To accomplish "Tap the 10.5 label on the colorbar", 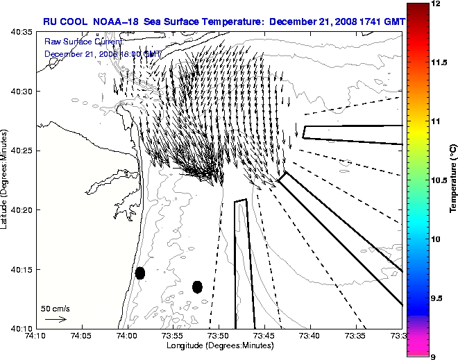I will [439, 180].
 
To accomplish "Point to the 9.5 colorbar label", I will [437, 298].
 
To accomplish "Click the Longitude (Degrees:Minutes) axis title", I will [219, 345].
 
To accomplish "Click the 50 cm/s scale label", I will [55, 308].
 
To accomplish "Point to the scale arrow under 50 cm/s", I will [55, 319].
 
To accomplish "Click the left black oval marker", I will [140, 273].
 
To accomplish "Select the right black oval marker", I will [197, 286].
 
